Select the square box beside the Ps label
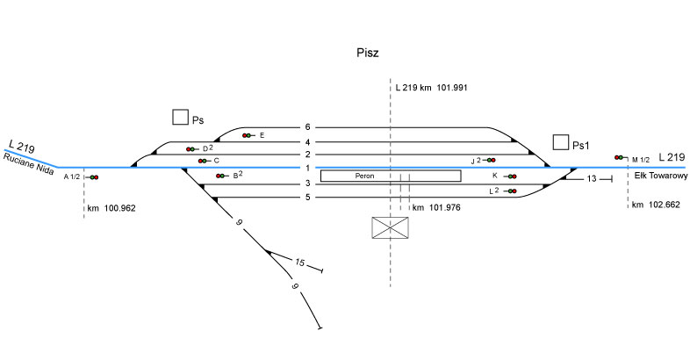180,117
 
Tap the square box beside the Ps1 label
560,142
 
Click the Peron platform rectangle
390,176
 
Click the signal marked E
248,135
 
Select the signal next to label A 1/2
92,177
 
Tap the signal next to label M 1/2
620,157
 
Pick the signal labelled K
511,176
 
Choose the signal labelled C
203,161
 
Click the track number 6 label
307,127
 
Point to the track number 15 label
299,263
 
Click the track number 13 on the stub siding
592,178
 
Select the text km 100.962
111,209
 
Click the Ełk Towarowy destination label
659,176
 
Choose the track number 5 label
307,198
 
